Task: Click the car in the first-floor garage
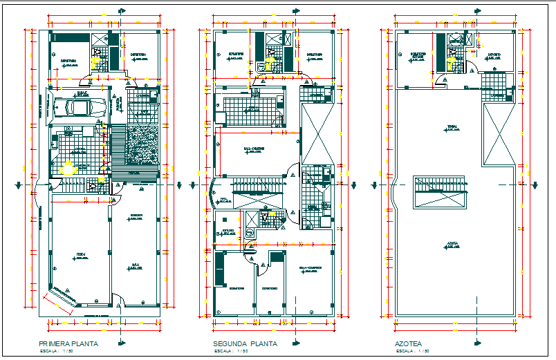77,107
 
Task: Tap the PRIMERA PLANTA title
68,343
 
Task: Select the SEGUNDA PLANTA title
245,343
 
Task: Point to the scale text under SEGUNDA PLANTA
232,352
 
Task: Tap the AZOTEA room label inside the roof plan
454,244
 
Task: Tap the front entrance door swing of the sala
119,303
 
